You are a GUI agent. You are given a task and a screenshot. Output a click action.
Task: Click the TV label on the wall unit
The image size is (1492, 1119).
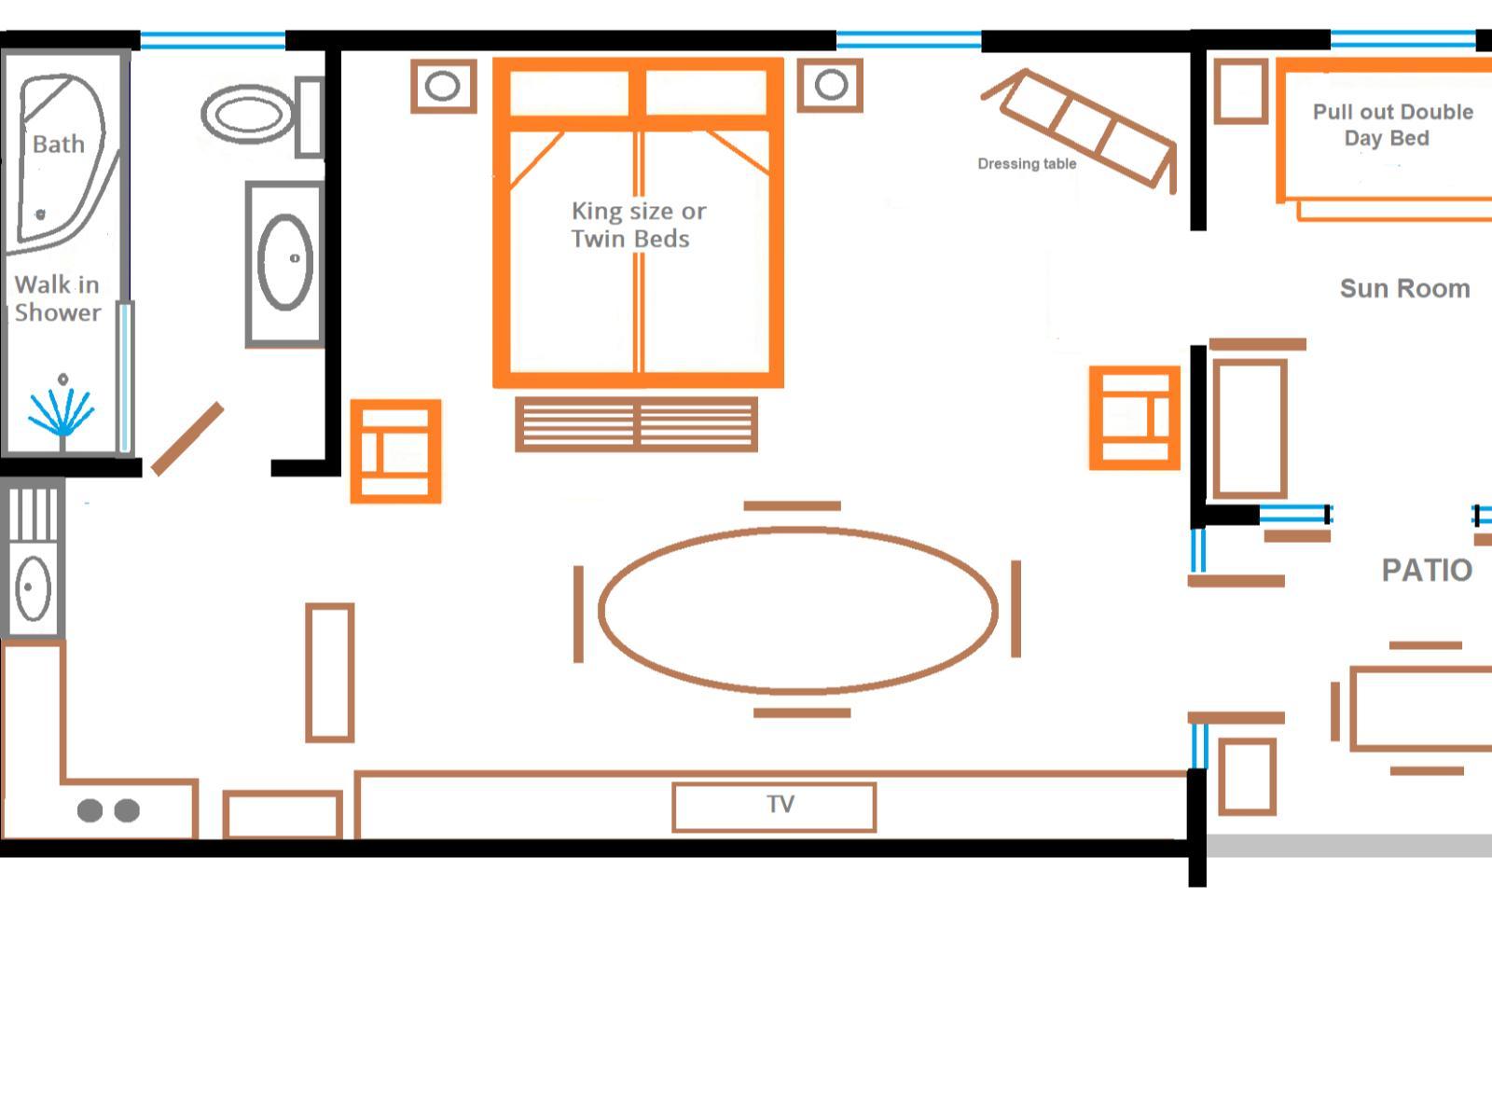(x=781, y=805)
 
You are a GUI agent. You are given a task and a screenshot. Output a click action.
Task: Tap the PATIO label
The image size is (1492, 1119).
(x=1427, y=570)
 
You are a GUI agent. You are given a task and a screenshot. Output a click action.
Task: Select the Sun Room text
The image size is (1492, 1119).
(x=1405, y=289)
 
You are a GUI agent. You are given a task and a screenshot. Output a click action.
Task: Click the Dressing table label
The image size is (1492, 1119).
(x=1027, y=164)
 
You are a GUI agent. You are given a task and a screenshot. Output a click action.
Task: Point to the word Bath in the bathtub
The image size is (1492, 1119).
(x=59, y=144)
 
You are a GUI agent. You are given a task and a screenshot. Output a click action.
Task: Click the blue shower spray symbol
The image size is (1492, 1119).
(x=62, y=412)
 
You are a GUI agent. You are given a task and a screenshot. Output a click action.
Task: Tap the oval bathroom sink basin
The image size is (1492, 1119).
(x=285, y=262)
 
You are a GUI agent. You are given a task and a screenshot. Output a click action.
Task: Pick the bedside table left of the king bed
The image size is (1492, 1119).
(x=444, y=87)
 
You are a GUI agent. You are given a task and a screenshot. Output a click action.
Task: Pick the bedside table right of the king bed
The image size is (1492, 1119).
(x=830, y=85)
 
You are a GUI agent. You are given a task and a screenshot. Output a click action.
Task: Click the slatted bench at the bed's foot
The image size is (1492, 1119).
(x=636, y=424)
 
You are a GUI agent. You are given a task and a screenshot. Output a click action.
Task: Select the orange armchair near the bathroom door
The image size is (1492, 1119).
(x=395, y=452)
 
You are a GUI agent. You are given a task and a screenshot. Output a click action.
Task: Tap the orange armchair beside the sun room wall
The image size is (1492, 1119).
(x=1135, y=418)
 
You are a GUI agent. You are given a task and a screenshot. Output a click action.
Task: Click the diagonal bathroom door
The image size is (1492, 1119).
(x=186, y=439)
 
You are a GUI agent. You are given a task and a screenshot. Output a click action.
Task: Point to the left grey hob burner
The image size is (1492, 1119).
(x=90, y=809)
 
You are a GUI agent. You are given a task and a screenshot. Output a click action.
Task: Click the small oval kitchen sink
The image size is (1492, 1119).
(x=33, y=588)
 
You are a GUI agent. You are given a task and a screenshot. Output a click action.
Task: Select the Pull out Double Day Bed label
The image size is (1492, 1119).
(x=1392, y=125)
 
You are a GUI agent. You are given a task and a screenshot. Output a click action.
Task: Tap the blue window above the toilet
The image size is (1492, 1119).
(x=213, y=40)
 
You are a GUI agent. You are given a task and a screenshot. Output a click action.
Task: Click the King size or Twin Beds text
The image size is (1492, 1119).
(x=638, y=225)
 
